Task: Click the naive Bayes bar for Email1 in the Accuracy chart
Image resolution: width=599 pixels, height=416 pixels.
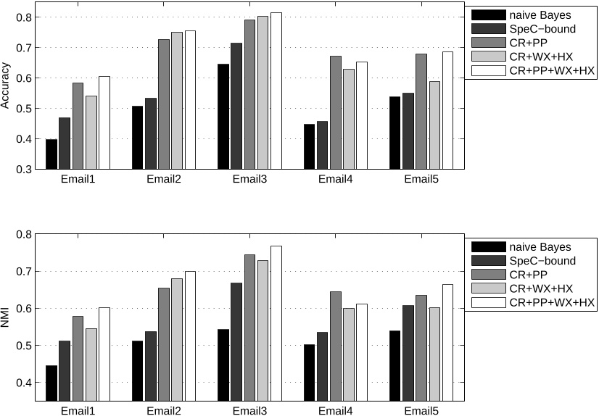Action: (51, 154)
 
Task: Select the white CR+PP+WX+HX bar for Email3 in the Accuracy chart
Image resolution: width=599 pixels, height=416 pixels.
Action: (276, 91)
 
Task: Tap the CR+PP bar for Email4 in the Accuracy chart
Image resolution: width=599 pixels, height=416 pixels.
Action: (336, 112)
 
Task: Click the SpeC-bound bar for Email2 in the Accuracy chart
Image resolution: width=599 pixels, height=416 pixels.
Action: (151, 133)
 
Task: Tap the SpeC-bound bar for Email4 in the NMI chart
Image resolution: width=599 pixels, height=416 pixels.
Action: (323, 373)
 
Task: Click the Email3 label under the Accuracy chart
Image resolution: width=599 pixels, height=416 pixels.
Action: (249, 180)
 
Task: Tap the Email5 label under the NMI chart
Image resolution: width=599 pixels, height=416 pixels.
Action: (421, 411)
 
